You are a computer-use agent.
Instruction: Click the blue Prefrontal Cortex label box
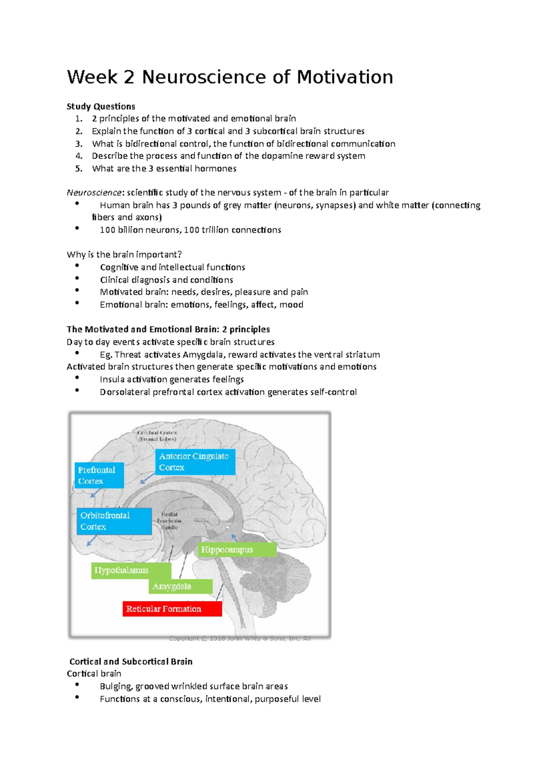(x=99, y=475)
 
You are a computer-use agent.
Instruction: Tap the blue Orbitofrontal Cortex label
(x=114, y=521)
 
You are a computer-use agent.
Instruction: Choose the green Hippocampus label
(x=237, y=549)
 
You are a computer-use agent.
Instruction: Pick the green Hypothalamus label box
(x=131, y=570)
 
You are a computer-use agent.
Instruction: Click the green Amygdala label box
(x=180, y=586)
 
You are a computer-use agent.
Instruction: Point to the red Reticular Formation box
(x=172, y=609)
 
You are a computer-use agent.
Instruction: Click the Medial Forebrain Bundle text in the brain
(x=169, y=521)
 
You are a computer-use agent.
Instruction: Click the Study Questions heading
(x=101, y=107)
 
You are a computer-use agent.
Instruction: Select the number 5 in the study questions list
(x=79, y=169)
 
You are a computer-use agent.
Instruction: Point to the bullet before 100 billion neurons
(x=77, y=228)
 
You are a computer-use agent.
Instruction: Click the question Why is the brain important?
(x=124, y=254)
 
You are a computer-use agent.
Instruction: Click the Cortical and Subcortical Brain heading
(x=131, y=661)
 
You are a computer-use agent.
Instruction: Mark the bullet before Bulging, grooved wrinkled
(x=77, y=684)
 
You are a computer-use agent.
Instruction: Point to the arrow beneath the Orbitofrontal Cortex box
(x=91, y=541)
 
